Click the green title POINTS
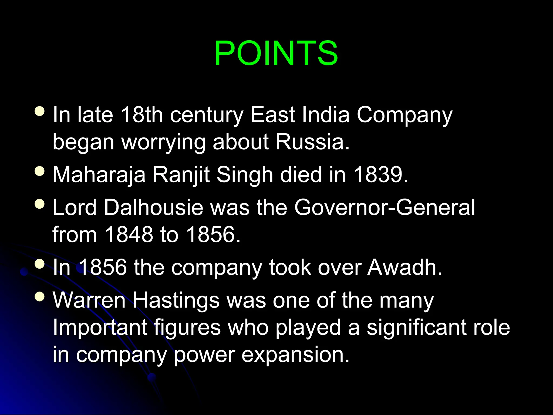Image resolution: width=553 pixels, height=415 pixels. tap(276, 53)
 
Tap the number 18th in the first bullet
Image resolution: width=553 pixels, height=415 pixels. tap(142, 115)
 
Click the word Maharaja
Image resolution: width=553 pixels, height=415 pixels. tap(99, 175)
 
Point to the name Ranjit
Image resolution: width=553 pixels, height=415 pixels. tap(181, 175)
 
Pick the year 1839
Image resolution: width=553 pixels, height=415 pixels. tap(380, 175)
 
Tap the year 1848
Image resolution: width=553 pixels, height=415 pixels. tap(129, 234)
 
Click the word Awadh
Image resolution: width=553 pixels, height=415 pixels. tap(404, 267)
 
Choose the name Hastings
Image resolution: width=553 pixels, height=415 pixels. tap(176, 300)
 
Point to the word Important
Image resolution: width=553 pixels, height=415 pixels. tap(100, 327)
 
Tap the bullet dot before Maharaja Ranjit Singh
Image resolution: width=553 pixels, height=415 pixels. tap(40, 171)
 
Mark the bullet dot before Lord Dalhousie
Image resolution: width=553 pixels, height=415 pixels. tap(40, 204)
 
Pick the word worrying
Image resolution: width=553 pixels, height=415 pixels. tap(163, 142)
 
